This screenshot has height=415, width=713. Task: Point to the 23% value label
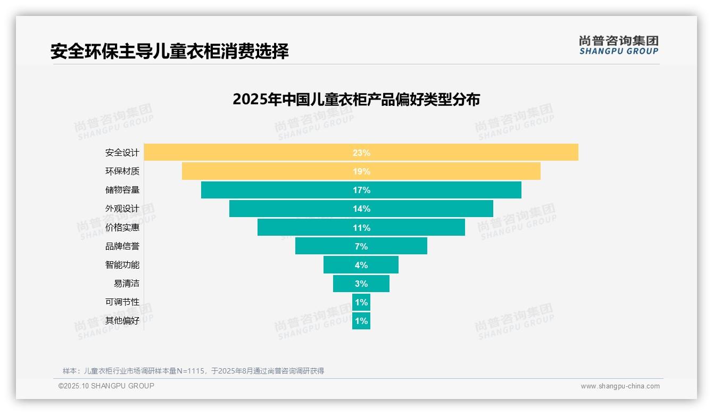click(361, 153)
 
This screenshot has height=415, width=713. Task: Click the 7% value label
click(361, 246)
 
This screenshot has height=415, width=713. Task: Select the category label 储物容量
click(122, 190)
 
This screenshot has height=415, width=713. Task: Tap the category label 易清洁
click(126, 283)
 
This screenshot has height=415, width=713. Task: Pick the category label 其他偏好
click(122, 321)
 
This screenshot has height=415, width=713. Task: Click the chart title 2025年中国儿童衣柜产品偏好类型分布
click(356, 99)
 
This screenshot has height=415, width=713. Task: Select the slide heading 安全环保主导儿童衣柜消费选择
click(170, 52)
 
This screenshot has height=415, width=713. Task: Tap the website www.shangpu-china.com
click(620, 386)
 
